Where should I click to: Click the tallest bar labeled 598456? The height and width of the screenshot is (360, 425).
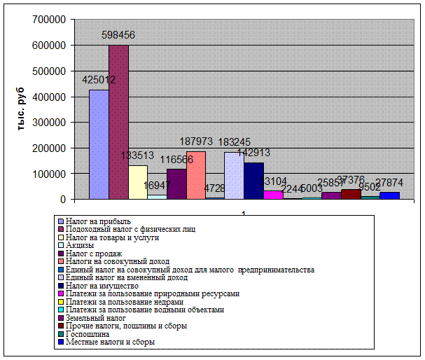click(118, 123)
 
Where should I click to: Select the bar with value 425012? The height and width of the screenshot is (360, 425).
click(99, 144)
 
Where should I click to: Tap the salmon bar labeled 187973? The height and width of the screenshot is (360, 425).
click(196, 175)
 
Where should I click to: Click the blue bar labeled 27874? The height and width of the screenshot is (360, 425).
click(389, 195)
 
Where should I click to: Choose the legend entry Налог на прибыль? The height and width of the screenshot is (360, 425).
click(98, 221)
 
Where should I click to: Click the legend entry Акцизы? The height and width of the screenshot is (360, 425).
click(80, 245)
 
